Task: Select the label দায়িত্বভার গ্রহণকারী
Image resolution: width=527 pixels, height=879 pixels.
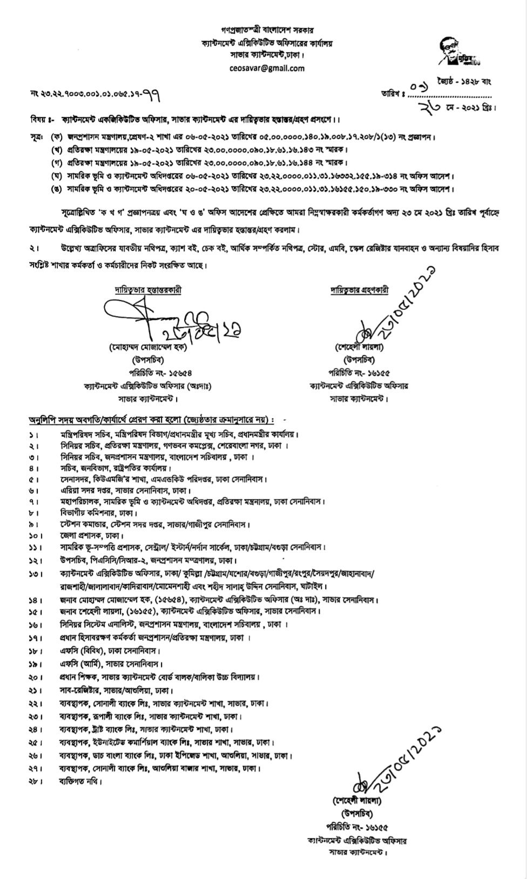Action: tap(360, 290)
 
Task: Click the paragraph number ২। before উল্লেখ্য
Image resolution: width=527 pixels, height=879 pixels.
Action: tap(35, 248)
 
